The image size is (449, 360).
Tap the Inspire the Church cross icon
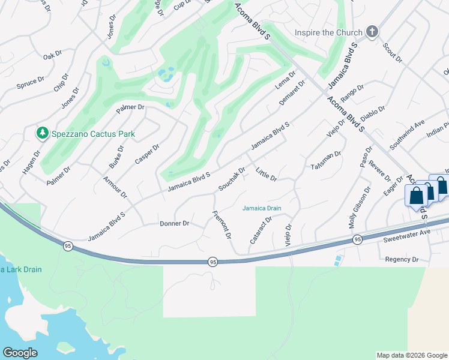tap(372, 32)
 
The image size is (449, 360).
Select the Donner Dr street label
tap(175, 223)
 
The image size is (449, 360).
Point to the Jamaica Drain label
tap(262, 208)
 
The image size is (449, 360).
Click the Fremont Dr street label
tap(222, 224)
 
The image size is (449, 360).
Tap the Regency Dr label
tap(402, 259)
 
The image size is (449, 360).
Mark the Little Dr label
tap(266, 175)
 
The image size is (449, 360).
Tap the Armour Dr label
tap(115, 187)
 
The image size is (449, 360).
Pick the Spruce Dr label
tap(31, 79)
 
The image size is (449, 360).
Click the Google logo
tap(20, 353)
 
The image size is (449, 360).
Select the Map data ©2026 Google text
tap(411, 355)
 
